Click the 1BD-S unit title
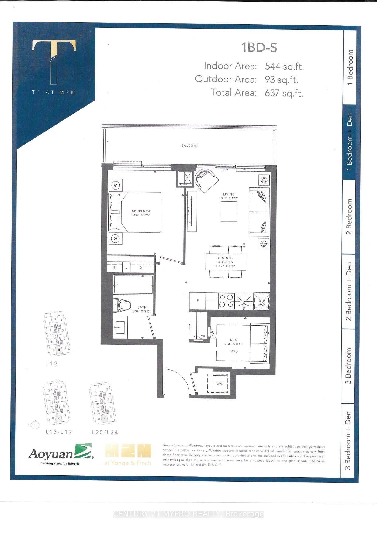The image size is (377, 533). [x=259, y=48]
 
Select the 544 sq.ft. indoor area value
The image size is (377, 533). [x=284, y=66]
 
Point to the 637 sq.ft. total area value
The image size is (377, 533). [x=284, y=93]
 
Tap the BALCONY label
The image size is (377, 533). [x=190, y=146]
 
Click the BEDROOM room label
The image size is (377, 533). [x=141, y=211]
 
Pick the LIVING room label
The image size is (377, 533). [x=229, y=194]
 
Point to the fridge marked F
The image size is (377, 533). [x=198, y=301]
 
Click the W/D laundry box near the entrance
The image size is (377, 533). [x=220, y=384]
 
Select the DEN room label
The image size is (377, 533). [x=233, y=340]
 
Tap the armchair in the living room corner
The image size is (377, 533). [x=206, y=180]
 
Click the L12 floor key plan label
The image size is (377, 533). [x=52, y=363]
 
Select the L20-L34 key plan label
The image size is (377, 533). [x=105, y=432]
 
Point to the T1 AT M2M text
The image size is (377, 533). [x=54, y=93]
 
